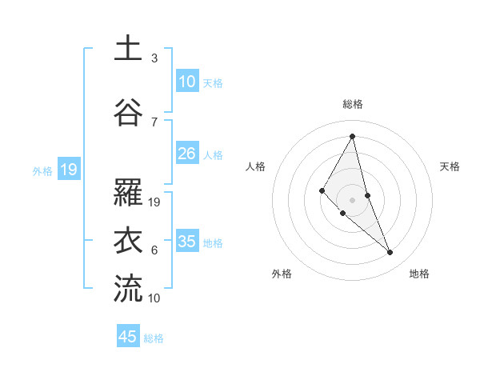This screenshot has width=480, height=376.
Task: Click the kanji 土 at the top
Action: (128, 50)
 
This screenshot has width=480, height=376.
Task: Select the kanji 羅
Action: (128, 192)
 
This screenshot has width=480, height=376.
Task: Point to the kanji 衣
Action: (128, 241)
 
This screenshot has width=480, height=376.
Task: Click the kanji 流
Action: (128, 288)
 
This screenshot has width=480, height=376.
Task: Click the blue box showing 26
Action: (187, 154)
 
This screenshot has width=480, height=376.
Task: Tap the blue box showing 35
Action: (187, 242)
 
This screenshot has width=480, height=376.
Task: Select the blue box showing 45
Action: (128, 337)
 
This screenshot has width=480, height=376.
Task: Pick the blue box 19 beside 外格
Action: (69, 170)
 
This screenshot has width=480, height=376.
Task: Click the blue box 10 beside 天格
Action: (187, 82)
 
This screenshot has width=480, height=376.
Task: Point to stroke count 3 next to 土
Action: (154, 58)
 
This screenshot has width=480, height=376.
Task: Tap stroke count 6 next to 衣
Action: (154, 250)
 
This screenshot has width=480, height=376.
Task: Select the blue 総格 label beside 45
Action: (154, 338)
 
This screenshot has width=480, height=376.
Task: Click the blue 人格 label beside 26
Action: (213, 155)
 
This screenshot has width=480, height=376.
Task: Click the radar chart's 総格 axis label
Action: (352, 104)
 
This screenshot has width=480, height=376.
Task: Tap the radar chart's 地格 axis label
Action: (419, 274)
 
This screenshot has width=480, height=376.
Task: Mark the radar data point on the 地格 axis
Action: (390, 253)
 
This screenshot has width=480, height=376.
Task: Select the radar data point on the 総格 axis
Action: (352, 136)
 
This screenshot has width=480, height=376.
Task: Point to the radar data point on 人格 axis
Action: (322, 190)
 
